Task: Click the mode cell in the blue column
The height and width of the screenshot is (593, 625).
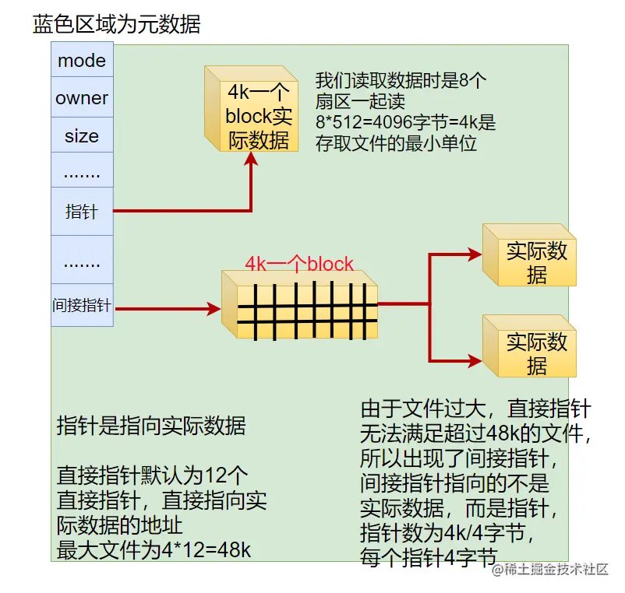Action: pyautogui.click(x=82, y=61)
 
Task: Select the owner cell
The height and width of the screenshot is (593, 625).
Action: pyautogui.click(x=82, y=99)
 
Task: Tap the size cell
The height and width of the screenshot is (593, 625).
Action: pyautogui.click(x=82, y=136)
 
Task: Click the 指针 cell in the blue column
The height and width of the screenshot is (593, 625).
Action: pyautogui.click(x=82, y=211)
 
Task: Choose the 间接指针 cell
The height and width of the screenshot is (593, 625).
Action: pyautogui.click(x=82, y=306)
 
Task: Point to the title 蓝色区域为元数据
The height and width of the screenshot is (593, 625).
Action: pyautogui.click(x=117, y=24)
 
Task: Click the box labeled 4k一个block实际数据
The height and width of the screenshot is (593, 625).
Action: pyautogui.click(x=257, y=115)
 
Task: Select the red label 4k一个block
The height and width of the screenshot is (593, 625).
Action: pyautogui.click(x=299, y=264)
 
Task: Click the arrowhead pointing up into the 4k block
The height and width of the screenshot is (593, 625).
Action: pyautogui.click(x=252, y=158)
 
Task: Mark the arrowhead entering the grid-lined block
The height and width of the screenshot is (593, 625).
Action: pyautogui.click(x=214, y=309)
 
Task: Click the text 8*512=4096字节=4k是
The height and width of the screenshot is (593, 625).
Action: pyautogui.click(x=405, y=122)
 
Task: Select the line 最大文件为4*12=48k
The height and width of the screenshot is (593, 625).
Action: pyautogui.click(x=154, y=549)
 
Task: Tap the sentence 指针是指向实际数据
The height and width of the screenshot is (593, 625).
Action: pyautogui.click(x=151, y=426)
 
